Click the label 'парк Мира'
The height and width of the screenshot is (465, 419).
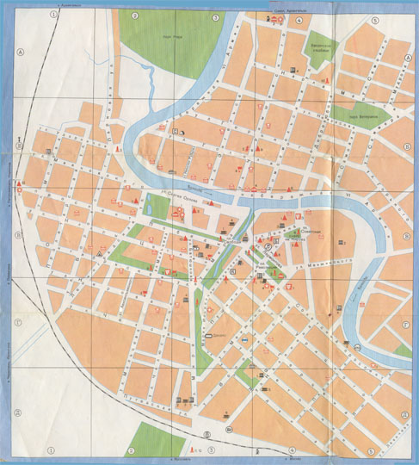(174, 38)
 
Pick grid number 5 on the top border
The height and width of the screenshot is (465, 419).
(373, 19)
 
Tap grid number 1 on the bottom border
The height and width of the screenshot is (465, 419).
(51, 449)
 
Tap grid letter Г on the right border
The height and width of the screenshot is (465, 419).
(404, 325)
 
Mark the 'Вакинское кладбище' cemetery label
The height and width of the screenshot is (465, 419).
(321, 50)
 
